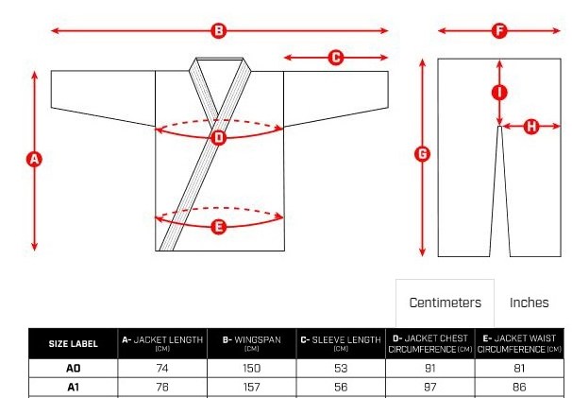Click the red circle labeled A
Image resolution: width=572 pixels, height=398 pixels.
[34, 160]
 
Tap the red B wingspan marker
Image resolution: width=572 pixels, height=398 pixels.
[219, 30]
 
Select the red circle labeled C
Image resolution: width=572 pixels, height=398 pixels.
[336, 58]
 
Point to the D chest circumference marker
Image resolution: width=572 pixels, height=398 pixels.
[219, 138]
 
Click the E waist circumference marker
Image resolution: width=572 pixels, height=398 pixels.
[219, 227]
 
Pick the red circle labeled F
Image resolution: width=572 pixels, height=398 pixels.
[499, 30]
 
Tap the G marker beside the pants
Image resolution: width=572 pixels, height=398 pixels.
[423, 154]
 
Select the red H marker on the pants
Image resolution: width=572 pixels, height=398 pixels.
[531, 127]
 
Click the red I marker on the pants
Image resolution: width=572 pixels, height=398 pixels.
[499, 93]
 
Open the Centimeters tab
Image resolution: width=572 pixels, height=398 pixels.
[446, 303]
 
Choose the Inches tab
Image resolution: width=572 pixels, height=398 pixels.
[529, 303]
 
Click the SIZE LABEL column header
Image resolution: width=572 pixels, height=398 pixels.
[74, 343]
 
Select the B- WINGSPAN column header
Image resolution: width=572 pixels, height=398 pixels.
[252, 343]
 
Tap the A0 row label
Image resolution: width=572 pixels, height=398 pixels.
[74, 368]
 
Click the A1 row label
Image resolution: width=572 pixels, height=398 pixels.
[74, 387]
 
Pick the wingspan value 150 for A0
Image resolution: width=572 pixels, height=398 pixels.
[252, 368]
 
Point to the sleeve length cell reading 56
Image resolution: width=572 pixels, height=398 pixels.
[341, 387]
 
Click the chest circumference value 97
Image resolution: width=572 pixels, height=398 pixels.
[430, 387]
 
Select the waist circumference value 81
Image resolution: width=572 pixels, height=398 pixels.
[519, 368]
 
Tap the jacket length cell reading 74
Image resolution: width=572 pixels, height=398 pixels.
[162, 368]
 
